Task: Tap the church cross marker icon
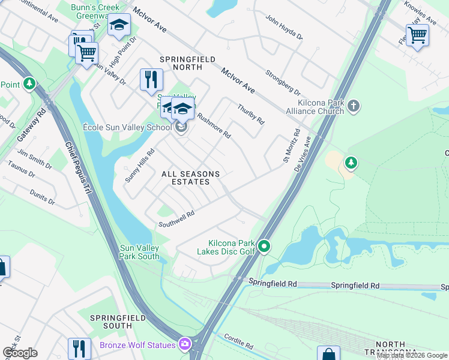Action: coord(354,106)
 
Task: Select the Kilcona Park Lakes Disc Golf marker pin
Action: coord(264,246)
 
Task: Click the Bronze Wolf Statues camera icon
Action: coord(185,344)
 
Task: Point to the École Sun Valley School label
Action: coord(127,128)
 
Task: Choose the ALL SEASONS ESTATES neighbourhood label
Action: coord(190,178)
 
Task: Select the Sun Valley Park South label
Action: coord(139,252)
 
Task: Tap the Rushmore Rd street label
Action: coord(214,126)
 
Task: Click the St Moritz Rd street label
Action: coord(291,147)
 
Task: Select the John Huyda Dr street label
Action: coord(284,28)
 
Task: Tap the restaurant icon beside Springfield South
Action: coord(79,347)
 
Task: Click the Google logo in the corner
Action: coord(20,353)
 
